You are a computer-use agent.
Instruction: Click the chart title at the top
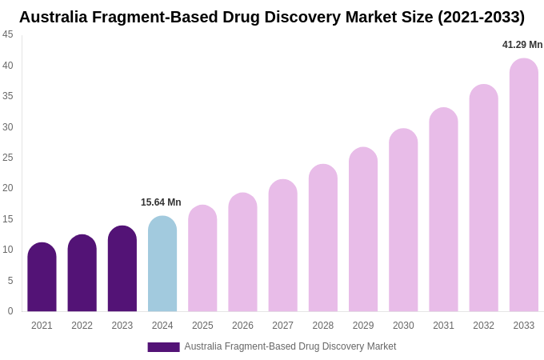pyautogui.click(x=272, y=17)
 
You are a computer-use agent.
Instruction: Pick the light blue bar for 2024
pyautogui.click(x=162, y=264)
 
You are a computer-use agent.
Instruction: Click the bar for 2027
pyautogui.click(x=282, y=246)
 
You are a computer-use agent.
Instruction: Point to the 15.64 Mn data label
pyautogui.click(x=161, y=202)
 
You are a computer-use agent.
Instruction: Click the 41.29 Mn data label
pyautogui.click(x=522, y=45)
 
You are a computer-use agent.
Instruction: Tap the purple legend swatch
pyautogui.click(x=163, y=347)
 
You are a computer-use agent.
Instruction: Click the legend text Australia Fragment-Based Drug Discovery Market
pyautogui.click(x=290, y=346)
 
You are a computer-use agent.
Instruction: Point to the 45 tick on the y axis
pyautogui.click(x=8, y=34)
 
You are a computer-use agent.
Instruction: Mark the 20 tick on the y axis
pyautogui.click(x=8, y=188)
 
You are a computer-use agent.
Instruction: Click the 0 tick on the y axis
pyautogui.click(x=10, y=311)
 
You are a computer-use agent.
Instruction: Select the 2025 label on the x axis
pyautogui.click(x=202, y=326)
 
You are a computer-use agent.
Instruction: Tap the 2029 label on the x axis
pyautogui.click(x=363, y=326)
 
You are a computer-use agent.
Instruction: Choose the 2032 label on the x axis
pyautogui.click(x=483, y=326)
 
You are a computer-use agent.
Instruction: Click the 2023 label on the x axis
pyautogui.click(x=122, y=326)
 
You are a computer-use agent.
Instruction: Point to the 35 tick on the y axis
pyautogui.click(x=8, y=96)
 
